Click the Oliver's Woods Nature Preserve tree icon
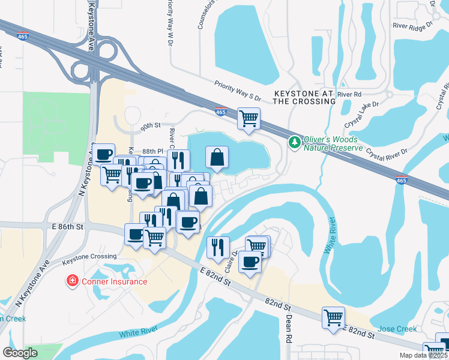pos(294,142)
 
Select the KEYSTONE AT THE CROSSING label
pos(304,98)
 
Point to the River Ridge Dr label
pos(413,26)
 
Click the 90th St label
pos(152,127)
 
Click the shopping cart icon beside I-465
pos(249,118)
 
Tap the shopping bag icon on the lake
pos(217,157)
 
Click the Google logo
pos(20,353)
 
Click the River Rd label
pos(349,94)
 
